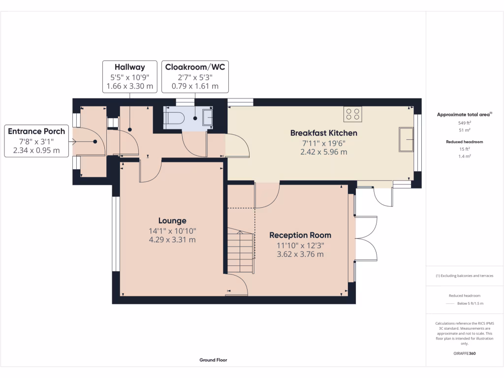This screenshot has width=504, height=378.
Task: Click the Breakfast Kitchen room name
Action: pyautogui.click(x=323, y=133)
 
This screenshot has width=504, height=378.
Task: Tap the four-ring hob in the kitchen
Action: pyautogui.click(x=353, y=114)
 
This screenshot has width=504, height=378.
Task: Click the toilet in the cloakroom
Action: pyautogui.click(x=174, y=118)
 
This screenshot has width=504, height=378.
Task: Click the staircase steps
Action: pyautogui.click(x=240, y=252)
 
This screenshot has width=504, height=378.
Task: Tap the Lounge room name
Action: pyautogui.click(x=172, y=220)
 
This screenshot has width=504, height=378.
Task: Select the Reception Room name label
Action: pyautogui.click(x=300, y=235)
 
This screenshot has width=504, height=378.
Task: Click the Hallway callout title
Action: pyautogui.click(x=129, y=67)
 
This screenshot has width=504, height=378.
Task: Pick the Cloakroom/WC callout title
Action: pyautogui.click(x=195, y=67)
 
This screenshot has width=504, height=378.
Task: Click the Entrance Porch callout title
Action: pyautogui.click(x=36, y=131)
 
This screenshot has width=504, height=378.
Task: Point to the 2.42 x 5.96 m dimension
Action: pyautogui.click(x=323, y=152)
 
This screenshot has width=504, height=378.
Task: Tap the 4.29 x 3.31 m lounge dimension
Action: pyautogui.click(x=172, y=240)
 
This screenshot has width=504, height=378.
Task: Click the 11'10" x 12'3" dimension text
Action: pyautogui.click(x=300, y=245)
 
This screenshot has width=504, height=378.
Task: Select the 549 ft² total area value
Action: pyautogui.click(x=465, y=123)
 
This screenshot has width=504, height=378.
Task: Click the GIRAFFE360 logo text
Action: pyautogui.click(x=465, y=353)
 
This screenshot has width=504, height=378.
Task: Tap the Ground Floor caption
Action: pyautogui.click(x=213, y=360)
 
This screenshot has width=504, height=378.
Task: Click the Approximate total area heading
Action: pyautogui.click(x=465, y=114)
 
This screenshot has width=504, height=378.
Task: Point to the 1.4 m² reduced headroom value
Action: pyautogui.click(x=465, y=156)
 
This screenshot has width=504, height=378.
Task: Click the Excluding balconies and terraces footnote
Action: pyautogui.click(x=465, y=276)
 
